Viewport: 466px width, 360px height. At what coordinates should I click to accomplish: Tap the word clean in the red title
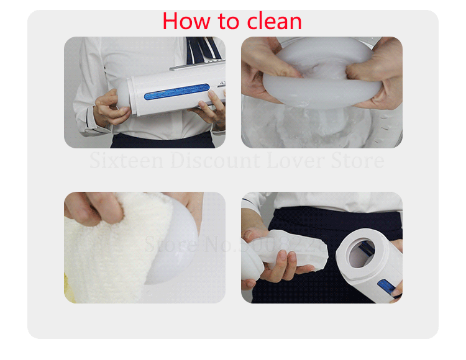pos(273,21)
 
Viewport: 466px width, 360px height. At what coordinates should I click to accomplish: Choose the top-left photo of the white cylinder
pos(145,92)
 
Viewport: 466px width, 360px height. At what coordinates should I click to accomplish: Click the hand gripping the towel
pos(90,208)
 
